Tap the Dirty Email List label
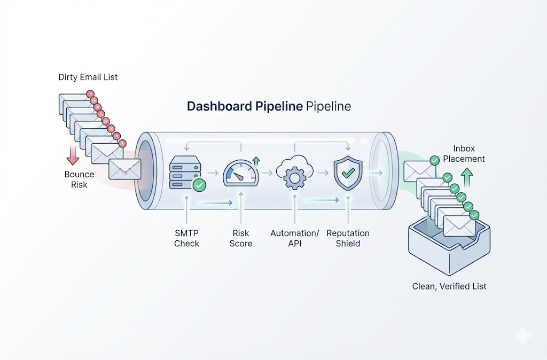pyautogui.click(x=88, y=77)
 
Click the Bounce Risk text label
pyautogui.click(x=79, y=179)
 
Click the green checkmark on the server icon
pyautogui.click(x=199, y=185)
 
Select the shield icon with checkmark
pyautogui.click(x=348, y=173)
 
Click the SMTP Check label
pyautogui.click(x=186, y=238)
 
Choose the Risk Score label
pyautogui.click(x=241, y=238)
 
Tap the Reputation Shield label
pyautogui.click(x=348, y=238)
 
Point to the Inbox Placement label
pyautogui.click(x=464, y=153)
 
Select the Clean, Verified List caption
pyautogui.click(x=449, y=286)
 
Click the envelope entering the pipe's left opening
pyautogui.click(x=124, y=169)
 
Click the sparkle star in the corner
pyautogui.click(x=522, y=336)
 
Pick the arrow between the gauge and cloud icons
pyautogui.click(x=267, y=173)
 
